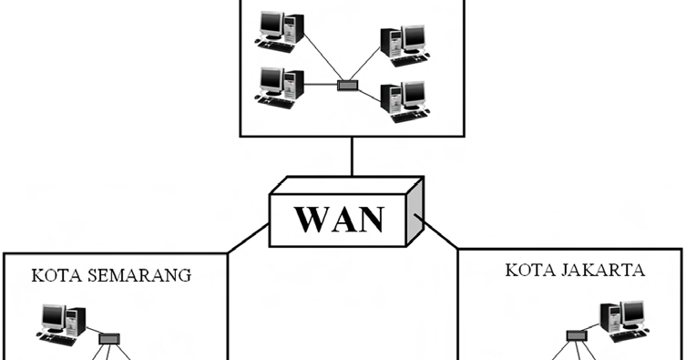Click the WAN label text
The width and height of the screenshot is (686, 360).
340,221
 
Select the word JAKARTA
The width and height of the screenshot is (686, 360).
613,270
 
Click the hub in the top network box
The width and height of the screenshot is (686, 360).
348,85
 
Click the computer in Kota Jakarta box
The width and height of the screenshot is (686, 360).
621,321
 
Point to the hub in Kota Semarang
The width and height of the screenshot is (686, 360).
109,337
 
